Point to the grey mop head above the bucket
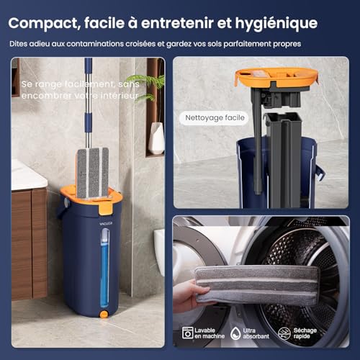93,173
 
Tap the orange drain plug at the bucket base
104,315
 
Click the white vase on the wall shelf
156,138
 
